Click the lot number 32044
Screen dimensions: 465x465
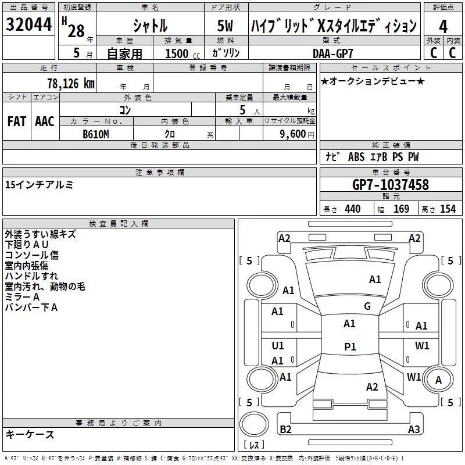click(x=28, y=26)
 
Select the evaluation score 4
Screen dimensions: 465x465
click(x=443, y=27)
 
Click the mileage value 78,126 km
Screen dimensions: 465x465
click(x=70, y=84)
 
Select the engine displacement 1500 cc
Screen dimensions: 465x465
click(x=177, y=53)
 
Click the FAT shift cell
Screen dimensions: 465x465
click(x=17, y=121)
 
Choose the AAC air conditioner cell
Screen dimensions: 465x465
click(x=45, y=121)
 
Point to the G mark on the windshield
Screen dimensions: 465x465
click(x=367, y=306)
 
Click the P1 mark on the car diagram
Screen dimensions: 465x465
click(x=350, y=346)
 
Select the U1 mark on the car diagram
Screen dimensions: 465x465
click(x=278, y=346)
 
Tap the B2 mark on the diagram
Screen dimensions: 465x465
click(x=285, y=429)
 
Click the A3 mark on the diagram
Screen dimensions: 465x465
click(x=414, y=429)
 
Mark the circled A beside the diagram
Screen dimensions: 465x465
click(x=439, y=380)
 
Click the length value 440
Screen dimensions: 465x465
click(x=352, y=209)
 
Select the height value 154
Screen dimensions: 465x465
click(x=448, y=209)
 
